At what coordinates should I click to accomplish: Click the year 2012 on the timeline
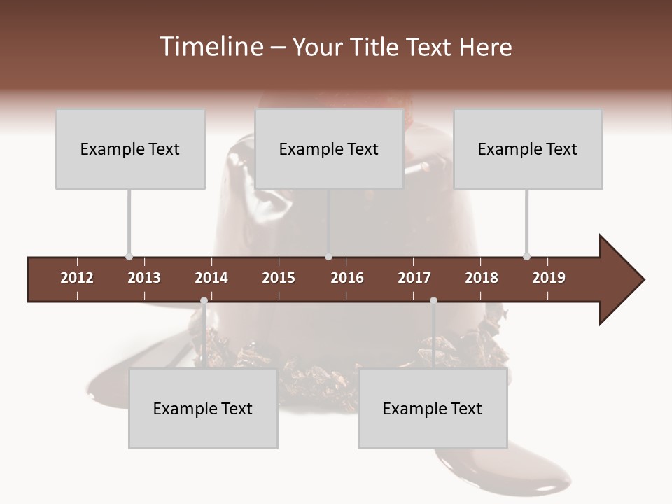click(77, 278)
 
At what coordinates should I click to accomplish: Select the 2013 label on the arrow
click(144, 278)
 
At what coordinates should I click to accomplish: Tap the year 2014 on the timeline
click(211, 278)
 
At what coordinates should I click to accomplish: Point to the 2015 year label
click(279, 278)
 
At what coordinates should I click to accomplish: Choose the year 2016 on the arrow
click(347, 278)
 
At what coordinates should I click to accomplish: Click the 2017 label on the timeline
click(414, 278)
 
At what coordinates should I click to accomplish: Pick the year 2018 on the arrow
click(482, 278)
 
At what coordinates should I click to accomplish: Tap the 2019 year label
click(549, 278)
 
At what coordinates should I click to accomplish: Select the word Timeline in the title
click(212, 47)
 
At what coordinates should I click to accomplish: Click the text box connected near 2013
click(130, 148)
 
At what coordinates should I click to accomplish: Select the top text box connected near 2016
click(329, 148)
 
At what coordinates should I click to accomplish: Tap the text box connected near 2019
click(528, 148)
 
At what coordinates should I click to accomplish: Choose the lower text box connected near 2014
click(203, 408)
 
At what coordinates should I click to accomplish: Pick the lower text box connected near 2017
click(433, 408)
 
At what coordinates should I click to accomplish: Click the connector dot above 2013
click(129, 257)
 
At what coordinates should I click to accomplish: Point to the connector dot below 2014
click(204, 300)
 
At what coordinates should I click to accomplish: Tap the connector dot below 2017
click(433, 300)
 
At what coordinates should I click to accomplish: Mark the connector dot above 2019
click(526, 257)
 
